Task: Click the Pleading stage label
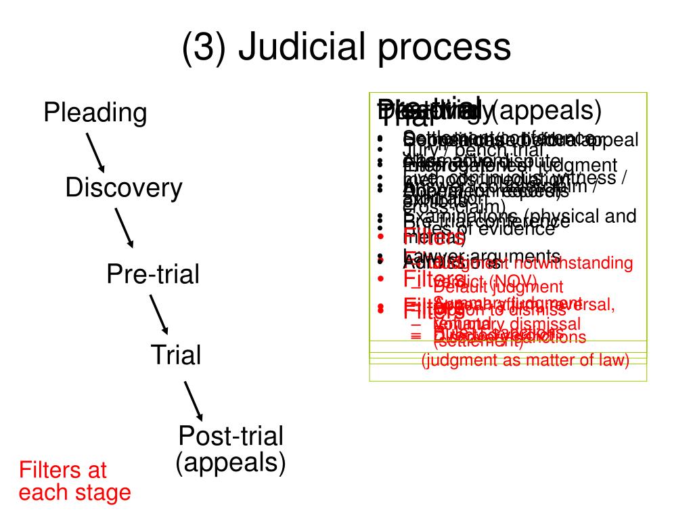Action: click(x=95, y=112)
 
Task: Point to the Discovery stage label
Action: click(x=124, y=188)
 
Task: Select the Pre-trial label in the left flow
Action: click(x=153, y=274)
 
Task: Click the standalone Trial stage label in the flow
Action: click(x=176, y=354)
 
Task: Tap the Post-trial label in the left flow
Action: click(x=231, y=435)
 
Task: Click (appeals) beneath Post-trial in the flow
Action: click(x=231, y=463)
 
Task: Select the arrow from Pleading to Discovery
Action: click(x=94, y=152)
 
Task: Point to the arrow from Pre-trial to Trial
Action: click(x=159, y=313)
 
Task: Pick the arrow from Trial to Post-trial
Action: click(x=194, y=400)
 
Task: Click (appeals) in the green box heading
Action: click(x=549, y=109)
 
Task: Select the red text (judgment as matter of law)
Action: click(x=525, y=361)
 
